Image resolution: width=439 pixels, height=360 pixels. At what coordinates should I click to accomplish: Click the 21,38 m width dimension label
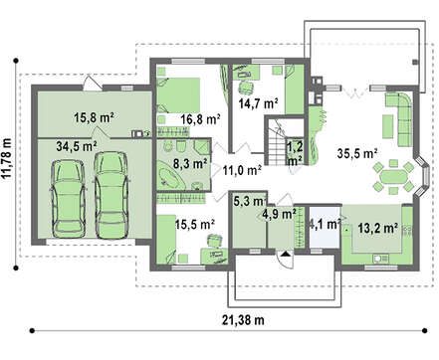point(243,320)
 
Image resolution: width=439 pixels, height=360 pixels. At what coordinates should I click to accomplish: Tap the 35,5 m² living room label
point(357,153)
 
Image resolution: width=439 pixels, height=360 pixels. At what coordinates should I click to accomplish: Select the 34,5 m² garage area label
point(77,146)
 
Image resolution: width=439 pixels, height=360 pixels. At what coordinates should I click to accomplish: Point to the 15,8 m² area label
point(94,117)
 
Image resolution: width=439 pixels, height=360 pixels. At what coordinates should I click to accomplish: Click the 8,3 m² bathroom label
point(190,163)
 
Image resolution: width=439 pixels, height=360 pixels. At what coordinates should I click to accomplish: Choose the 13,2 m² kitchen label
point(378,228)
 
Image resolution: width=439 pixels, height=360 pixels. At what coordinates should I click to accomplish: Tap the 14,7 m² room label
point(258,103)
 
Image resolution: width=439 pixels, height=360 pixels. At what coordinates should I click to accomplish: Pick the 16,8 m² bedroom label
point(201,119)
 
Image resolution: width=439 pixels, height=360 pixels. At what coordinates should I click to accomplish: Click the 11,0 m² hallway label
point(242,170)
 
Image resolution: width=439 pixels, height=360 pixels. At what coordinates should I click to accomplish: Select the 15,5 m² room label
point(195,225)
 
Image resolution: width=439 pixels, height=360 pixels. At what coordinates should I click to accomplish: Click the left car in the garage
point(68,199)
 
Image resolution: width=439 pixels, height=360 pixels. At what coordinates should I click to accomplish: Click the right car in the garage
point(111,195)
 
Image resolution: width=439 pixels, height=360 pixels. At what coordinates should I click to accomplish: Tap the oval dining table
point(394,177)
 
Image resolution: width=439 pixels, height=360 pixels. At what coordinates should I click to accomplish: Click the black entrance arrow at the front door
point(286,254)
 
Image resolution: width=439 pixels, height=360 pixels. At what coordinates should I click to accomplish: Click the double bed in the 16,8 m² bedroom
point(178,95)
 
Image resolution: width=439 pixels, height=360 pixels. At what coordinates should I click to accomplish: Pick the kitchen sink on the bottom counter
point(380,258)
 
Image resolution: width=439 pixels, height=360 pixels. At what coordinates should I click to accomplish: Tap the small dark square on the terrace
point(415,62)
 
